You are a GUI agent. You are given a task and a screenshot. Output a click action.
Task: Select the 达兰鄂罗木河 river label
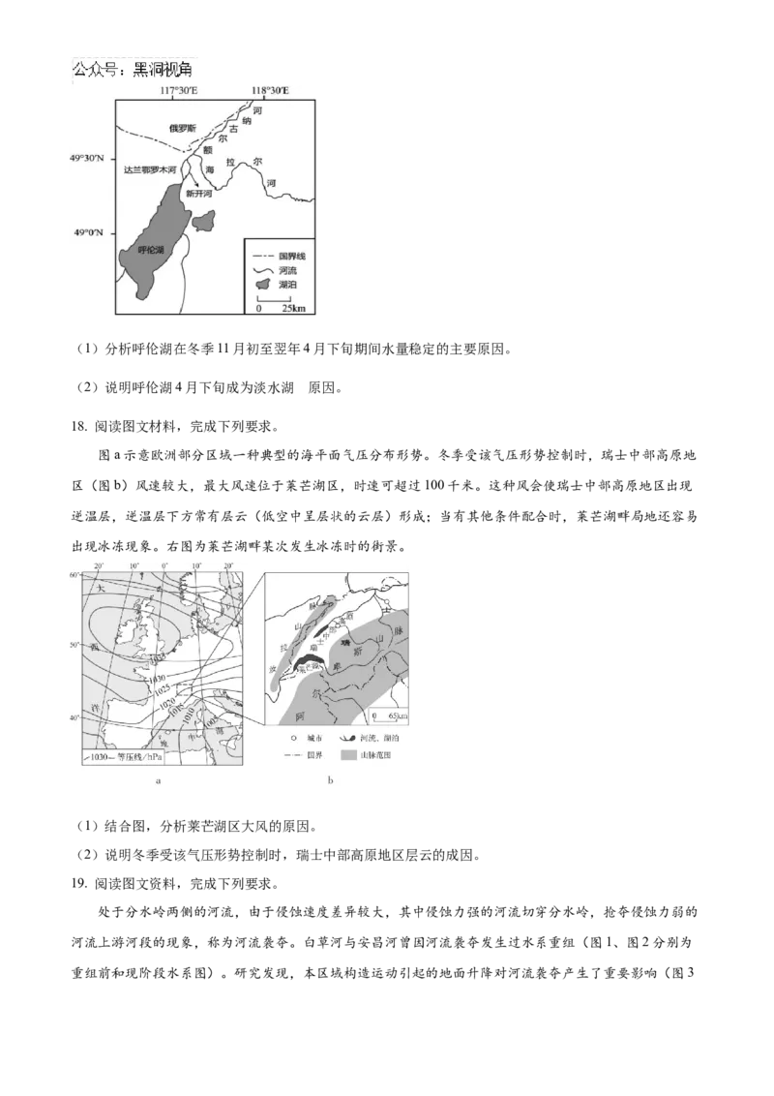point(150,170)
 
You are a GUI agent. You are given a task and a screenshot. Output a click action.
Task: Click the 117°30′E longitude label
point(179,91)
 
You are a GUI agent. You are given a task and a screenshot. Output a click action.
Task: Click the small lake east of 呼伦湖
point(204,224)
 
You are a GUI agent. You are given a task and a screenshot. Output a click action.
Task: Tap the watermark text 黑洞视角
point(163,70)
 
